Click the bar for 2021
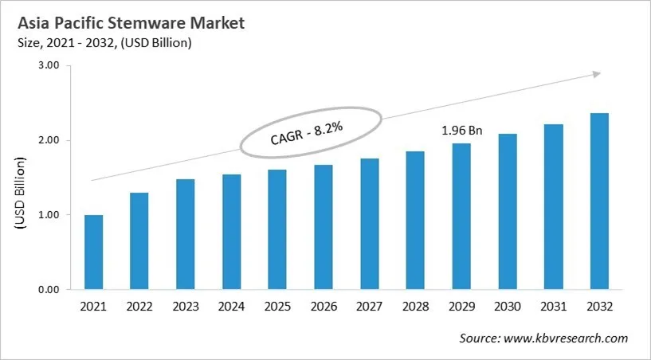[93, 252]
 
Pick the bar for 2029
[461, 217]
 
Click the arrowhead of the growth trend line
[595, 74]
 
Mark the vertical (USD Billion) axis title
[21, 194]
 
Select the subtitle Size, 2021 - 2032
[104, 43]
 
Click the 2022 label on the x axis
[139, 307]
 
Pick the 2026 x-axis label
[324, 307]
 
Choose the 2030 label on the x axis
[508, 307]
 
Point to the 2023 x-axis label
[186, 307]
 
